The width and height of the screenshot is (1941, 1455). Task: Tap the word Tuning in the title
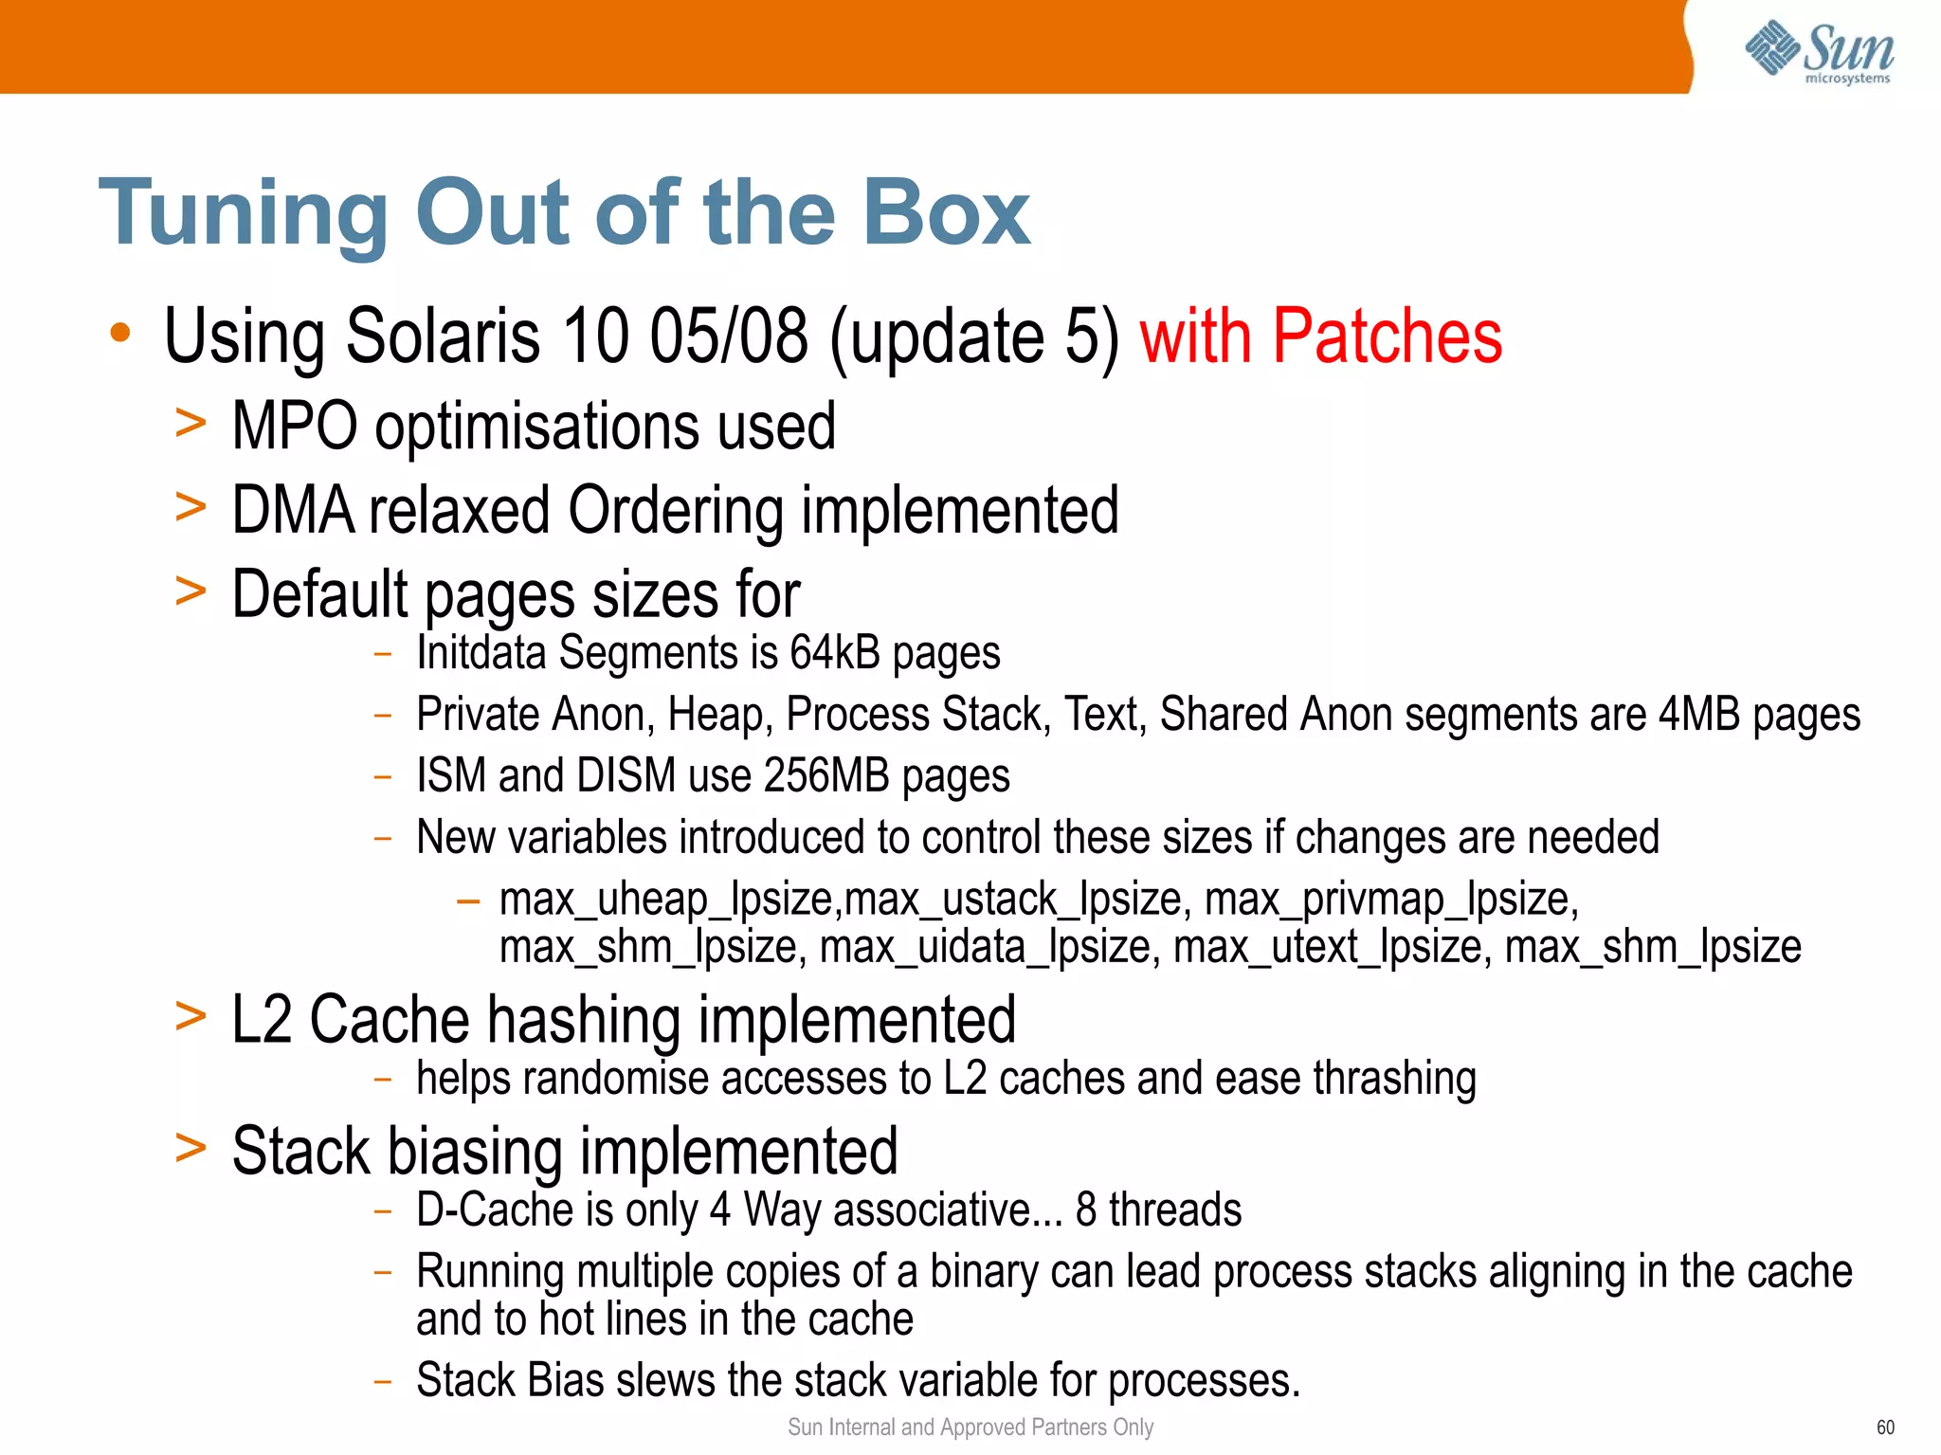pos(243,213)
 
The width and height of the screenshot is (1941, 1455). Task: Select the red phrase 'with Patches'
pos(1320,336)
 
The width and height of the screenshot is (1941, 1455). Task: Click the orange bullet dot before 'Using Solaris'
pos(119,334)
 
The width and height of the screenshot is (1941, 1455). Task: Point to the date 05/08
pos(728,336)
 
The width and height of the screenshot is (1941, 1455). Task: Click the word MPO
pos(295,426)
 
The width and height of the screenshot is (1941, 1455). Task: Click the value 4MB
pos(1698,715)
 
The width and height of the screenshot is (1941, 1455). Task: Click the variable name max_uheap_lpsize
pos(667,899)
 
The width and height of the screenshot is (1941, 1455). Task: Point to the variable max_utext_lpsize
pos(1332,947)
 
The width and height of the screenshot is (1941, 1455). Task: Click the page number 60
pos(1885,1428)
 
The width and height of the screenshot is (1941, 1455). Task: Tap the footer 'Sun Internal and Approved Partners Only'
pos(970,1428)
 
